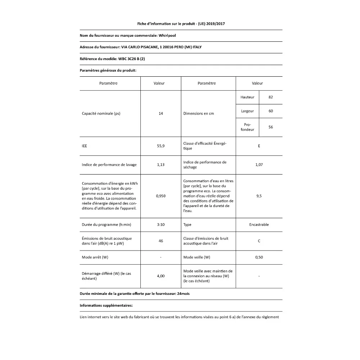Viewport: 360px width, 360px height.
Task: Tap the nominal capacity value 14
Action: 161,113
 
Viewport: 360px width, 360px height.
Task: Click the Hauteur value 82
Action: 271,97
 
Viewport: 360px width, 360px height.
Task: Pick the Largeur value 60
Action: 271,111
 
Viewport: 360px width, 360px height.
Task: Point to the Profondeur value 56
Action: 271,127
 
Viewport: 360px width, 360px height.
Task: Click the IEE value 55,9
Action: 161,146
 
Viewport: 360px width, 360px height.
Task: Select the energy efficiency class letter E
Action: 259,146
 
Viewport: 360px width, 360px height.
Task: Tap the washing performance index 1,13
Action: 161,165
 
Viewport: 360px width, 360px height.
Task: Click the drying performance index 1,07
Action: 259,165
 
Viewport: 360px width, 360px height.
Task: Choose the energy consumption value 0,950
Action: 161,196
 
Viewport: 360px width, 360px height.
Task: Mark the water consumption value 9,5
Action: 259,196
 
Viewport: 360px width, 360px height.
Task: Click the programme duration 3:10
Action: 161,225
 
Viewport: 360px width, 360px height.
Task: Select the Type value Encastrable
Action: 259,225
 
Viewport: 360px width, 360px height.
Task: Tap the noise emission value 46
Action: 161,241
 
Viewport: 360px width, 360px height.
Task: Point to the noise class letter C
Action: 259,241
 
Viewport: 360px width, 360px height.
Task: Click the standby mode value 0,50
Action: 259,257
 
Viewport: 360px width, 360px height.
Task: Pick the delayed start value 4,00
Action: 161,276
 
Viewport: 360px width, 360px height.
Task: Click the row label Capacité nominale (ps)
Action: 101,113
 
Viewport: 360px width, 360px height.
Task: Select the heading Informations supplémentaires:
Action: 106,305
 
